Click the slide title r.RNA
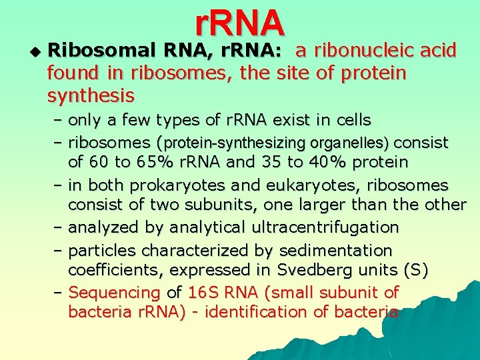[x=240, y=22]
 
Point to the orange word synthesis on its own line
[x=91, y=96]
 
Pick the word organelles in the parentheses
[x=351, y=143]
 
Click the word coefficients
[x=114, y=270]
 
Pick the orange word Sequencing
[x=114, y=293]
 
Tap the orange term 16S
[x=199, y=293]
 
